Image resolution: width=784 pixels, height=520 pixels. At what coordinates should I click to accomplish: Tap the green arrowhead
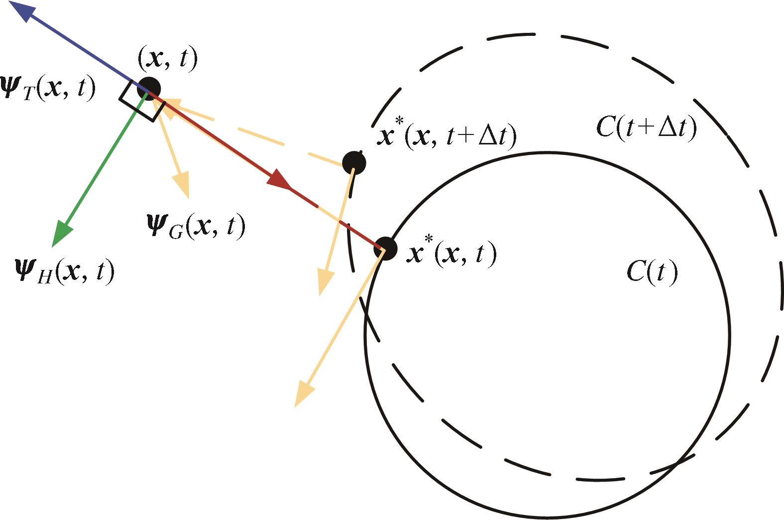(x=62, y=235)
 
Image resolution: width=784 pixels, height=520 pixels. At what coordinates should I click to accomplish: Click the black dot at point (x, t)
(x=149, y=89)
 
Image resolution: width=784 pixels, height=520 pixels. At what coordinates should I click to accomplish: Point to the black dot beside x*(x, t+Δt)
(x=354, y=163)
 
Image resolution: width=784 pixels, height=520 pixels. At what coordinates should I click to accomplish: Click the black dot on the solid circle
(x=385, y=248)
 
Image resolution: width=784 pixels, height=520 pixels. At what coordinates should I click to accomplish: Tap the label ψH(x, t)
(x=65, y=271)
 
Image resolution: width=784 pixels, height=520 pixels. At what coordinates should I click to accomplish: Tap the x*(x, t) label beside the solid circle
(x=451, y=253)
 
